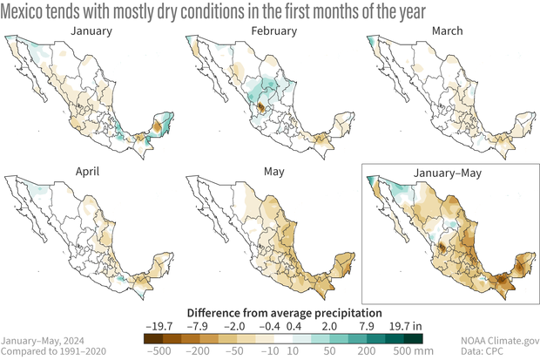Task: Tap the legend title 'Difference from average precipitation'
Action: pos(270,311)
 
